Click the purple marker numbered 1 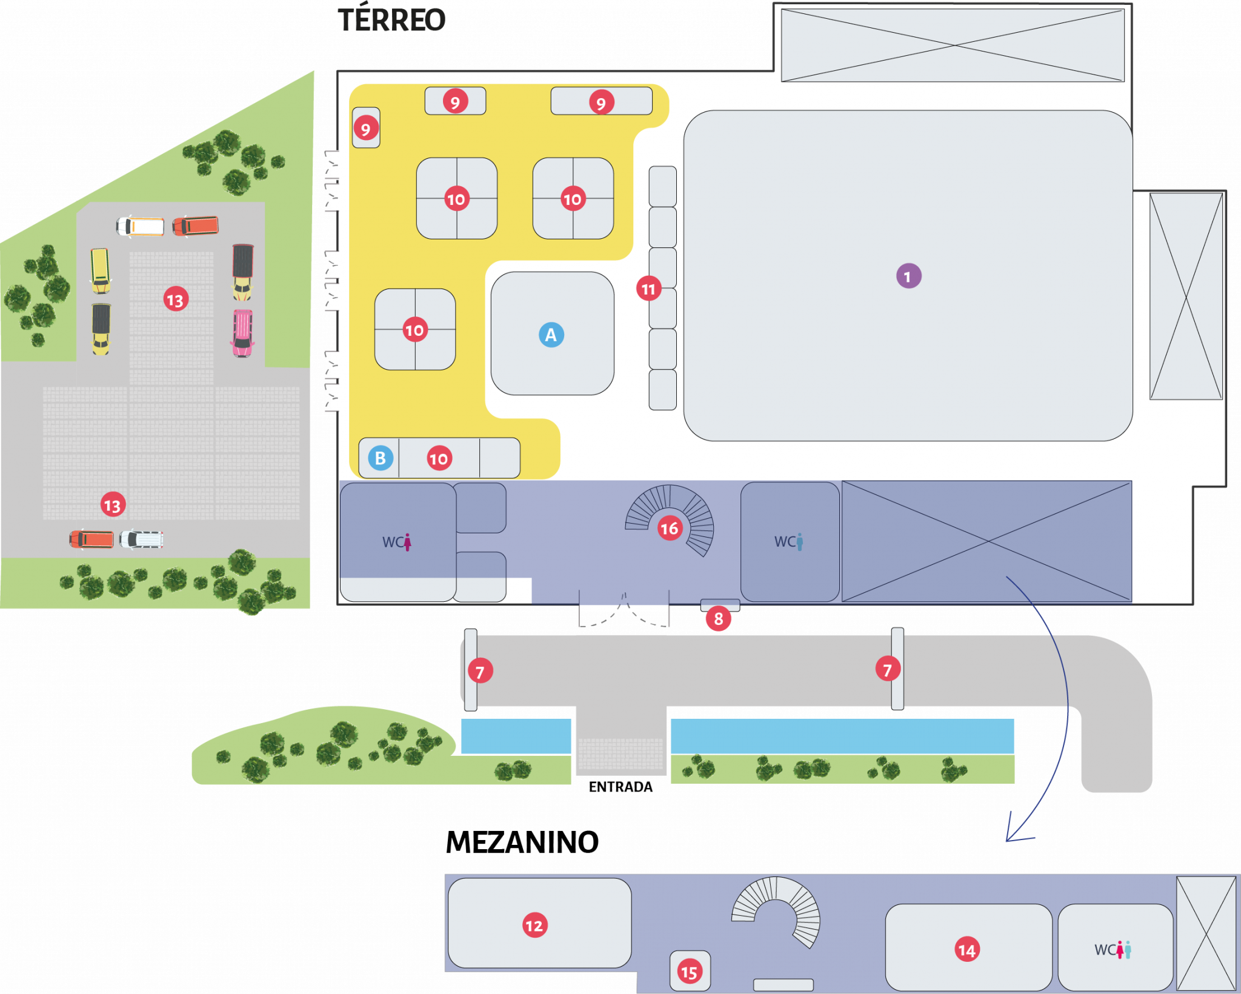(x=908, y=276)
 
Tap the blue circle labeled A (x=551, y=335)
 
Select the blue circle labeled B (x=381, y=458)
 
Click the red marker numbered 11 (x=648, y=289)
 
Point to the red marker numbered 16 (x=670, y=529)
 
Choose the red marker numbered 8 (x=718, y=619)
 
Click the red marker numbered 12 (x=534, y=926)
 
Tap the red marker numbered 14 (x=967, y=950)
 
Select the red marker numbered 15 (x=689, y=973)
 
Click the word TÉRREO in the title (x=391, y=20)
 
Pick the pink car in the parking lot (x=242, y=333)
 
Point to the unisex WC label (x=1113, y=950)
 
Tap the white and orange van (x=141, y=226)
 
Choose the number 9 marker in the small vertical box (x=365, y=128)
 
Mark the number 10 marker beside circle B (x=439, y=458)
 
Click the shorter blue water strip (x=516, y=736)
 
